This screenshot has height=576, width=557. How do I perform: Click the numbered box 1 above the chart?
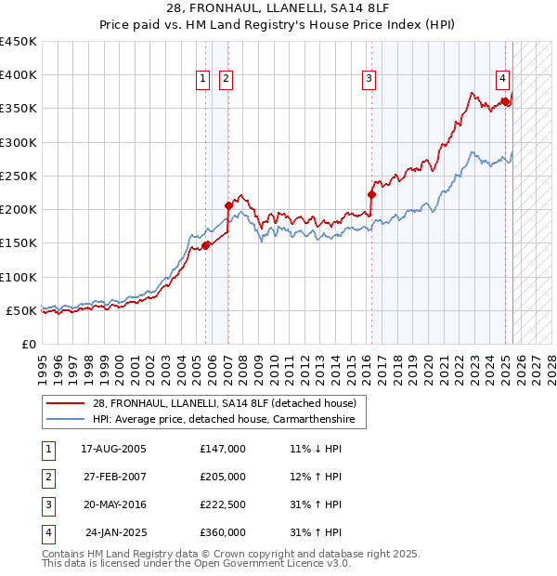pos(202,80)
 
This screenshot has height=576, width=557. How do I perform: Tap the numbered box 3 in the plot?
pos(369,80)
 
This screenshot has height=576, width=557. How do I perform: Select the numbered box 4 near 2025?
pos(501,80)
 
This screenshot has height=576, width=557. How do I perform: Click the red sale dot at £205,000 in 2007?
pos(228,205)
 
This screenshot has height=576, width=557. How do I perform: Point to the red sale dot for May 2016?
pos(371,194)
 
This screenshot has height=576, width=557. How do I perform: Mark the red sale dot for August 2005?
pos(206,245)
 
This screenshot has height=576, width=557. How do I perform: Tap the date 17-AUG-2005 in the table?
pos(114,449)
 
